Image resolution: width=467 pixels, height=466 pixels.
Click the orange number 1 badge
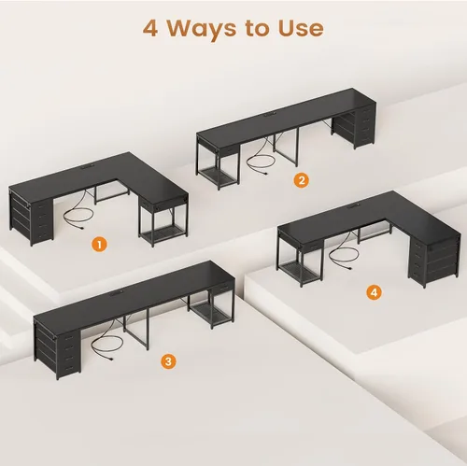point(99,245)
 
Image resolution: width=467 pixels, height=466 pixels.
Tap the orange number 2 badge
point(302,180)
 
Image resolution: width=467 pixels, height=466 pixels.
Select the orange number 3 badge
point(168,361)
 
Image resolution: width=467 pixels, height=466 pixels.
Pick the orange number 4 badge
point(374,292)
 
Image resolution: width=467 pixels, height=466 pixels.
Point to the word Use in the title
point(301,29)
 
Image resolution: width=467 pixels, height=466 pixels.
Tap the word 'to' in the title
point(257,29)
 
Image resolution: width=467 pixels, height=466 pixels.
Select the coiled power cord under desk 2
point(262,162)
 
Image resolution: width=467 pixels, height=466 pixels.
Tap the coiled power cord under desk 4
point(344,255)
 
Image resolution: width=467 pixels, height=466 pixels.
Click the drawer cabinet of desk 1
point(31,218)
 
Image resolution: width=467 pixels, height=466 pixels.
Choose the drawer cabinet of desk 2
point(353,126)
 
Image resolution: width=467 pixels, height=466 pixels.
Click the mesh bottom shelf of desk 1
point(163,232)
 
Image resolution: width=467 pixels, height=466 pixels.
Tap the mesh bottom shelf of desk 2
point(219,177)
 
